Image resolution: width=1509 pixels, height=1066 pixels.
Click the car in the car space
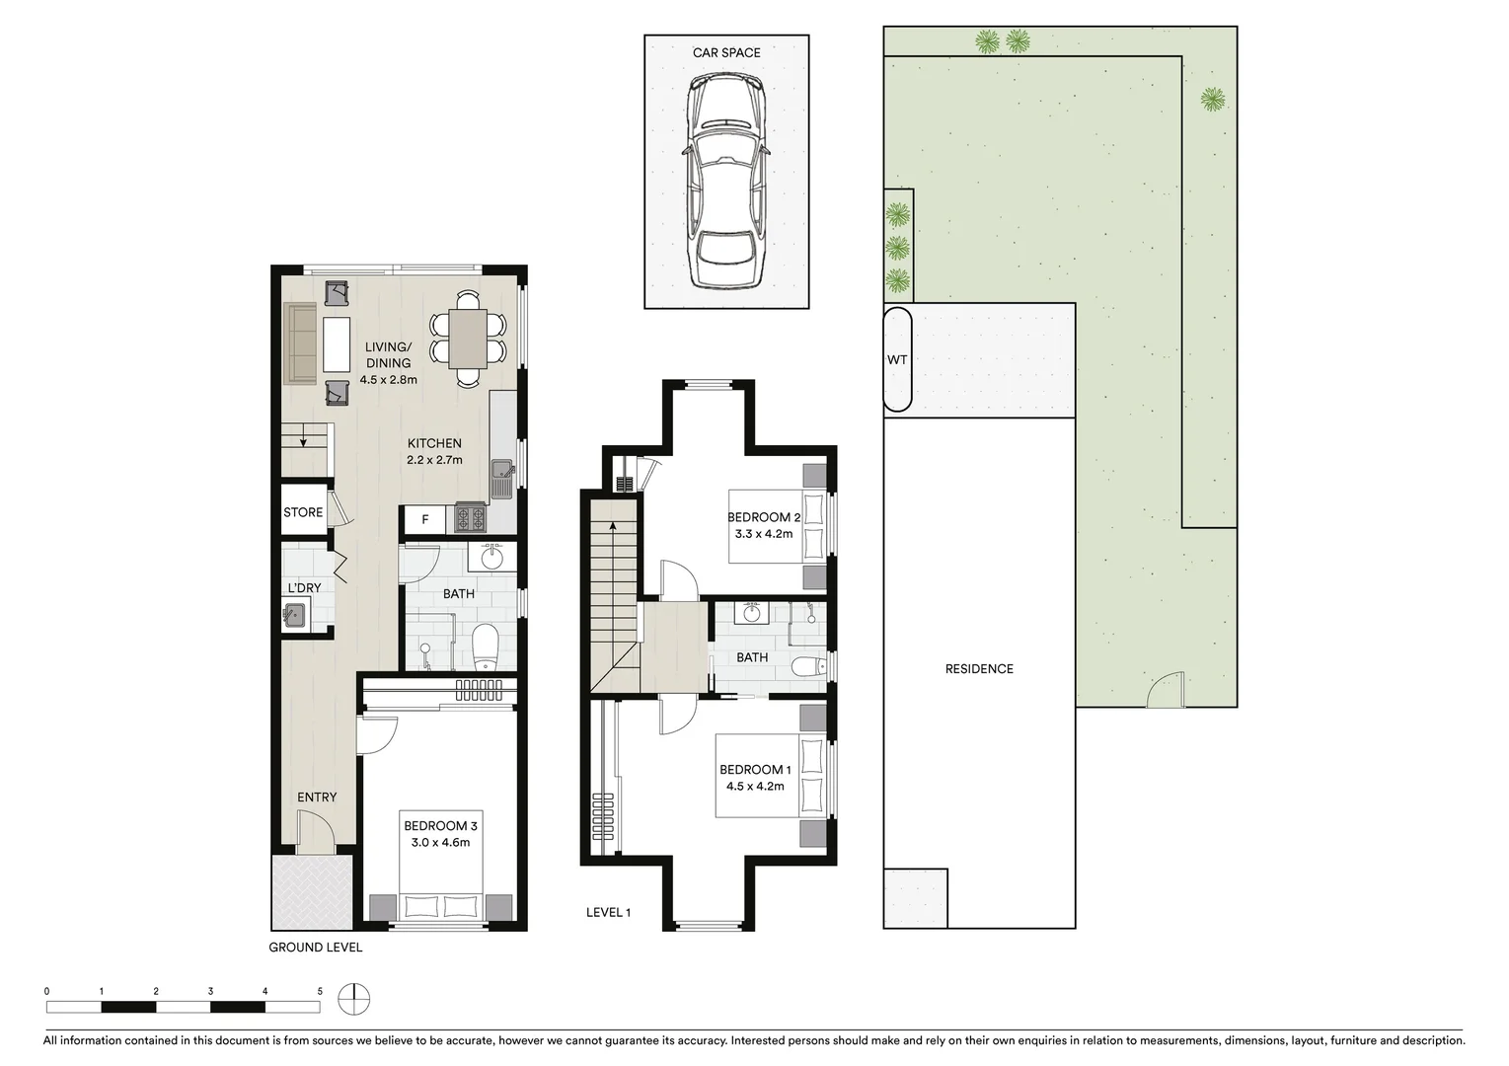click(726, 183)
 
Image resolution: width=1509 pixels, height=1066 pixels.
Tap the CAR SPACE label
click(726, 52)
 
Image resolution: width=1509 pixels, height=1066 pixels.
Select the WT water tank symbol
click(896, 359)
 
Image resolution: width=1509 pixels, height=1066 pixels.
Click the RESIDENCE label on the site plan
click(979, 669)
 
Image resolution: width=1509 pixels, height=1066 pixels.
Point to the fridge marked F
click(425, 519)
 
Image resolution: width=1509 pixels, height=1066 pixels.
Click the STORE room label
click(303, 512)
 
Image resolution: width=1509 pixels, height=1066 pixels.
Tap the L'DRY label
click(304, 588)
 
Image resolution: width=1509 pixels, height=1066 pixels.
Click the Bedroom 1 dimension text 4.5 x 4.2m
click(755, 786)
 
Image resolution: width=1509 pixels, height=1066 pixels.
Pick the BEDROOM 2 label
click(763, 517)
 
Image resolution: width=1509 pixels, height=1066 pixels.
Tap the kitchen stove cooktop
click(470, 517)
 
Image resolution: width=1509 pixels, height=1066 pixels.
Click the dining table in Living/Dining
click(468, 338)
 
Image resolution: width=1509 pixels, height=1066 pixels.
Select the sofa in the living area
click(300, 343)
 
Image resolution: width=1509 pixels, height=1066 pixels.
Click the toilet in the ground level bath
click(486, 647)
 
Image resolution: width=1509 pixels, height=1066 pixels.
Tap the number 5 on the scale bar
click(320, 990)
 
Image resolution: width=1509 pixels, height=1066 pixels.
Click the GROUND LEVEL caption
click(316, 948)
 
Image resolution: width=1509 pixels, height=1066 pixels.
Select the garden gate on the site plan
click(1165, 691)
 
